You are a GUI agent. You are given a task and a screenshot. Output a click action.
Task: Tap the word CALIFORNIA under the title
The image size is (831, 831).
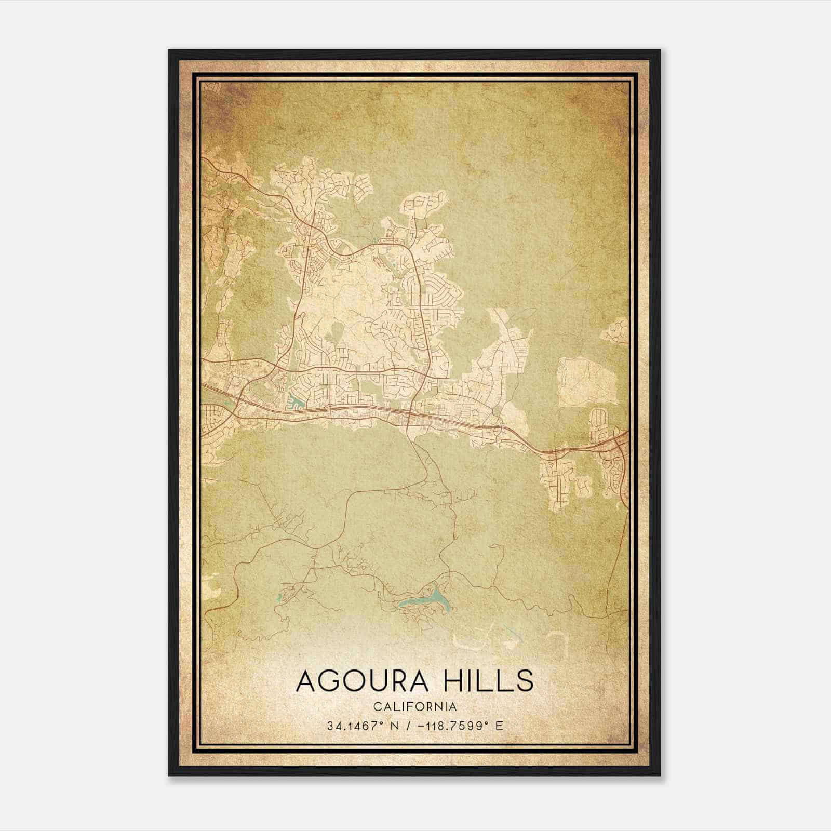414,707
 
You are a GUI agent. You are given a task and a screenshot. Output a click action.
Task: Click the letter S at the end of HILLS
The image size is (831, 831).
524,681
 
